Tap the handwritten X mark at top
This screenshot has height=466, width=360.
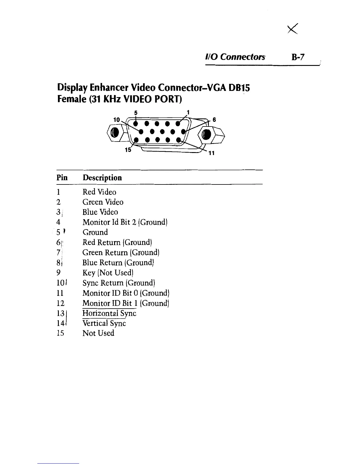293,29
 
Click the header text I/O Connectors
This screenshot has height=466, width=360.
235,57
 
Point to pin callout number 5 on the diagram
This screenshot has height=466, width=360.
136,112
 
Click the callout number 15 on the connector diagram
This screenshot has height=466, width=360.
128,150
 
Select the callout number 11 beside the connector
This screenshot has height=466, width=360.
211,153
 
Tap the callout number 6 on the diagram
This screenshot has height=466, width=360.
214,120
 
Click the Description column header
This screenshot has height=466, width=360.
102,178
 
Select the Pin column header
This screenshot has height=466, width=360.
62,178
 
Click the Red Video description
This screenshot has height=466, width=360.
99,192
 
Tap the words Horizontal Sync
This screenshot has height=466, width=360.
109,313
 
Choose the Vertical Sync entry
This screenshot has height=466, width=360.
104,323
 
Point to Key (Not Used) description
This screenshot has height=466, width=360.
108,273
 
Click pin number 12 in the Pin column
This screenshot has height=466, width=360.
60,303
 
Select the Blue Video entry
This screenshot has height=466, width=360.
100,212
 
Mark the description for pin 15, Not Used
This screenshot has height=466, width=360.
98,333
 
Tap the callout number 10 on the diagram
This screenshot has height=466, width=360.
117,119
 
